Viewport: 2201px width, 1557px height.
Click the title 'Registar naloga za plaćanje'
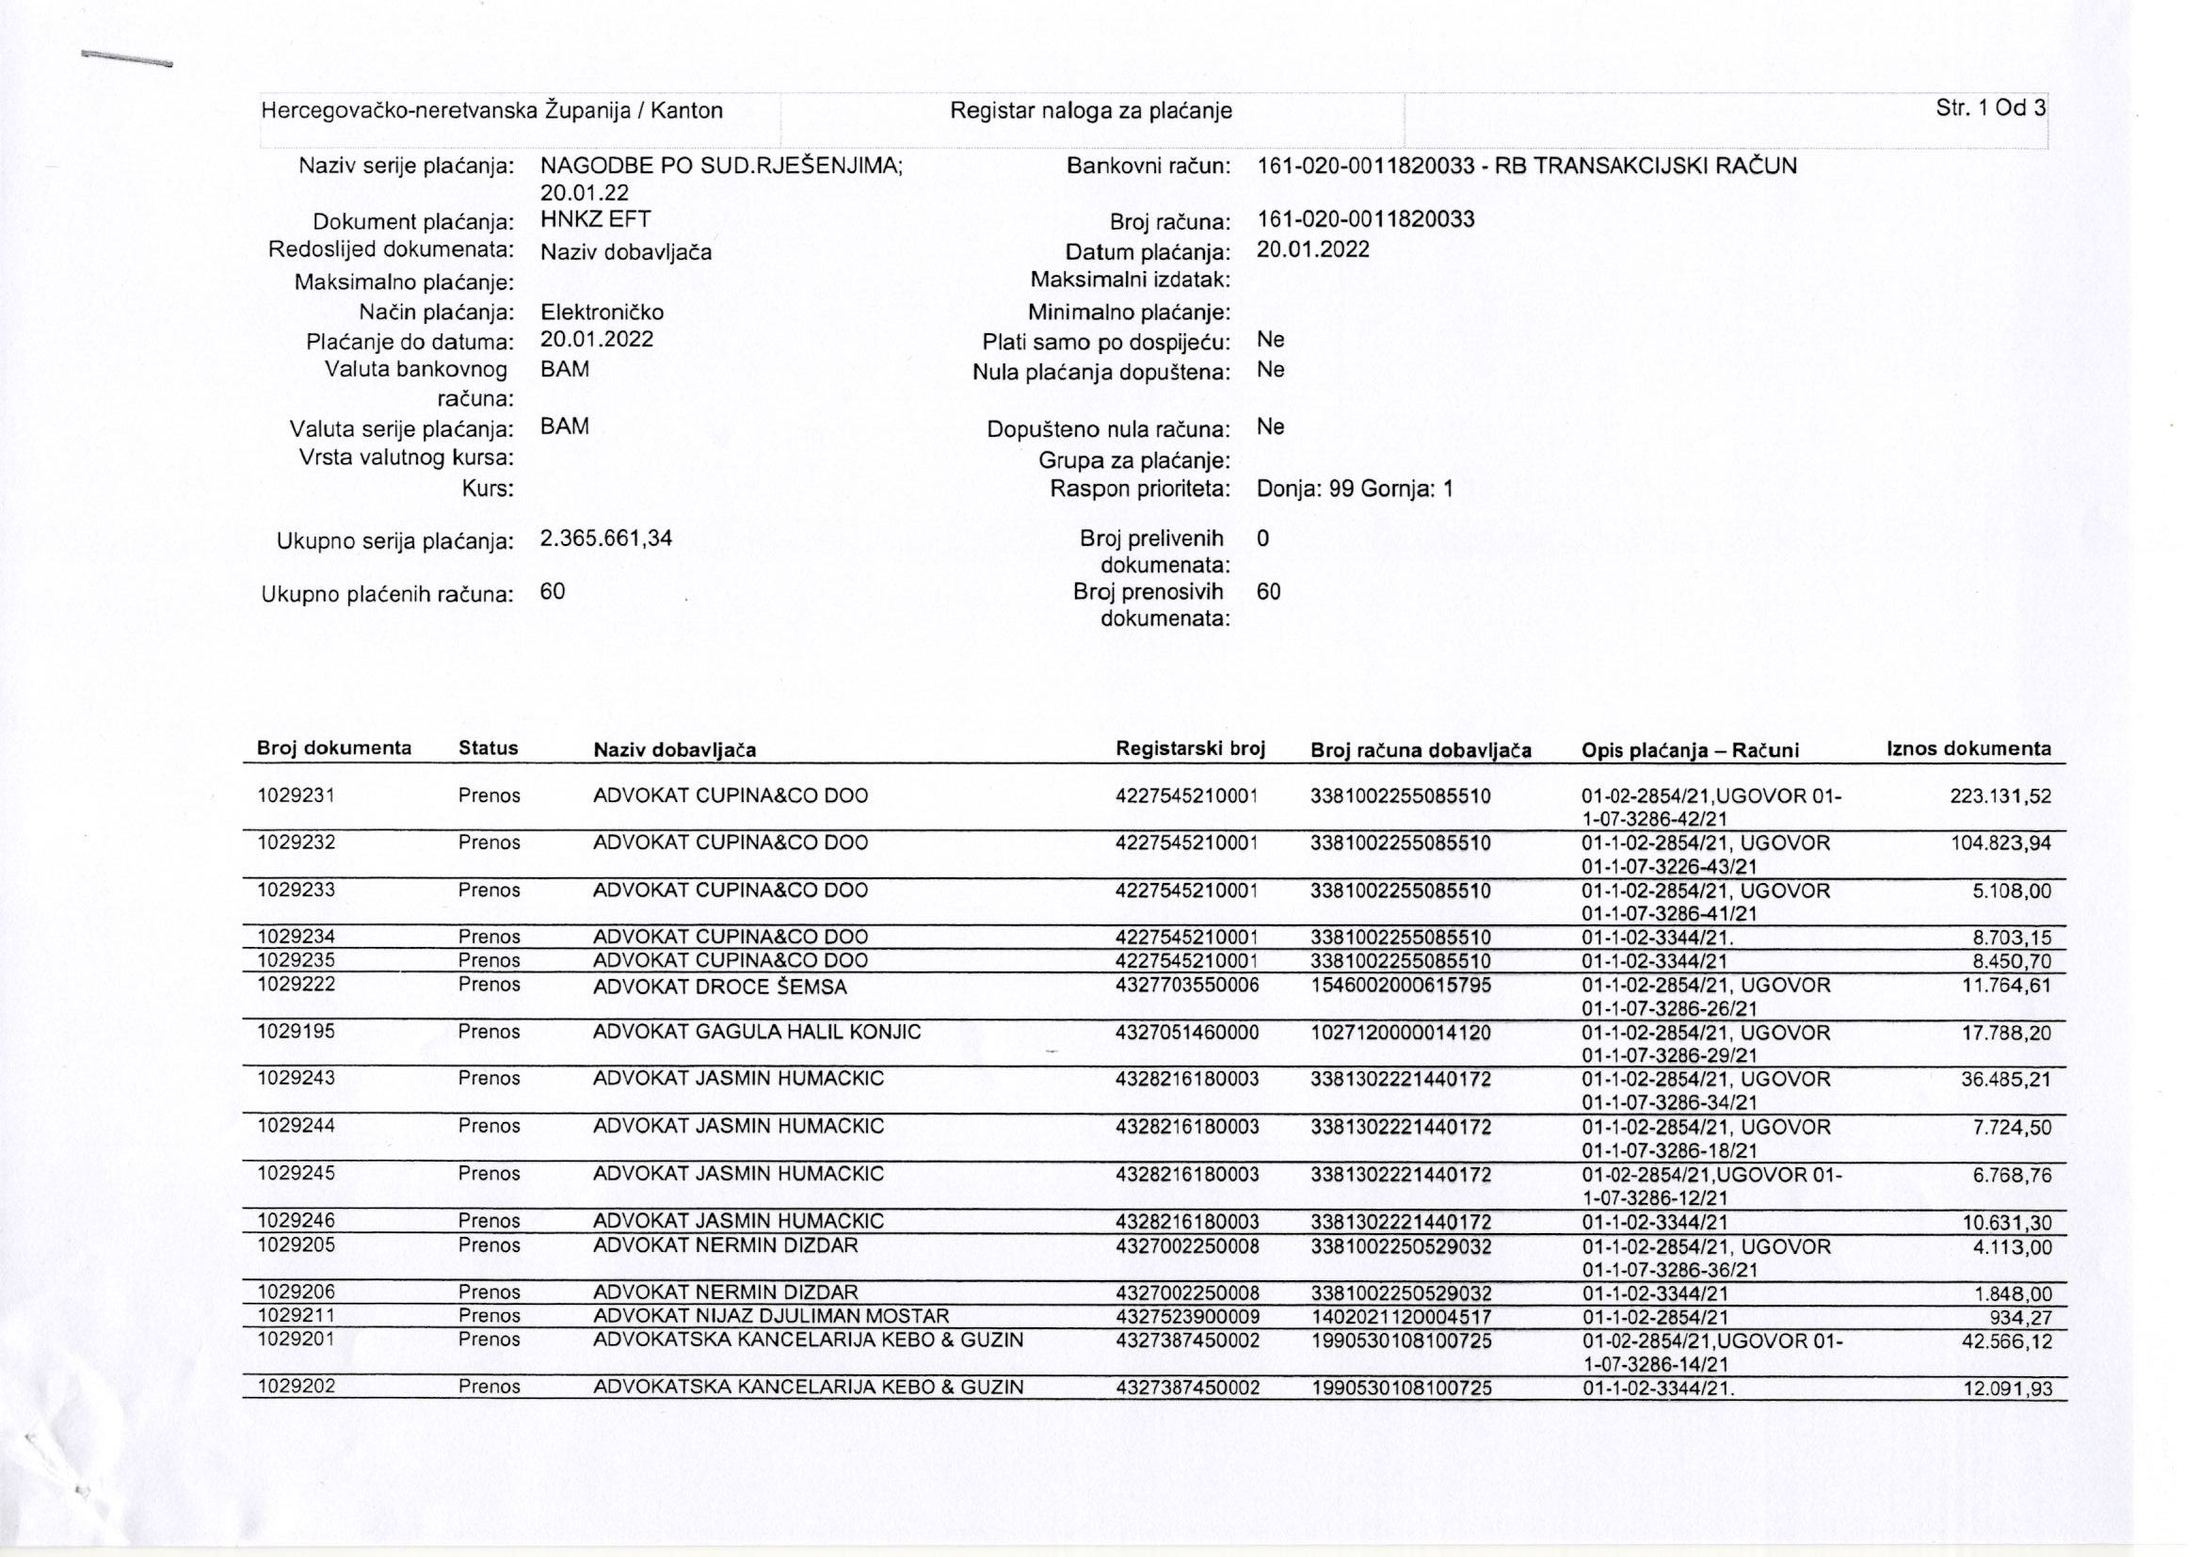tap(1090, 111)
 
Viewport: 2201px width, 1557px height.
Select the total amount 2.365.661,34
tap(606, 538)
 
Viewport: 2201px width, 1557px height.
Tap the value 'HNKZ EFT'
tap(595, 218)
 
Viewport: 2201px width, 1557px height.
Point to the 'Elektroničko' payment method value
tap(602, 313)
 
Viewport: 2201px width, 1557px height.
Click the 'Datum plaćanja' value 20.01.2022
tap(1312, 250)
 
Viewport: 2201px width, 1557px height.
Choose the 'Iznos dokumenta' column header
tap(1969, 748)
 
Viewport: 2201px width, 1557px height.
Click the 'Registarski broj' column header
tap(1191, 748)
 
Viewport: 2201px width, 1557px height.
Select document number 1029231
tap(296, 795)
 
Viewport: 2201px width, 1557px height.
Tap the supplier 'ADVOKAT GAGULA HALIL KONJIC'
tap(756, 1033)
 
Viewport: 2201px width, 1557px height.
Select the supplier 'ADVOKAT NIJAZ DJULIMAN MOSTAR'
tap(771, 1316)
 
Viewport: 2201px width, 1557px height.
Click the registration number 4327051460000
tap(1187, 1033)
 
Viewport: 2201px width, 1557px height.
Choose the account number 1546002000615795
tap(1401, 986)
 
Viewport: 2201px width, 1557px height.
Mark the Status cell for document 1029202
tap(489, 1387)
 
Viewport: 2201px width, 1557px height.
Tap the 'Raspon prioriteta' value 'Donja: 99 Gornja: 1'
tap(1355, 490)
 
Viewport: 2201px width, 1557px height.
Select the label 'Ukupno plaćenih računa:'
tap(387, 595)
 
